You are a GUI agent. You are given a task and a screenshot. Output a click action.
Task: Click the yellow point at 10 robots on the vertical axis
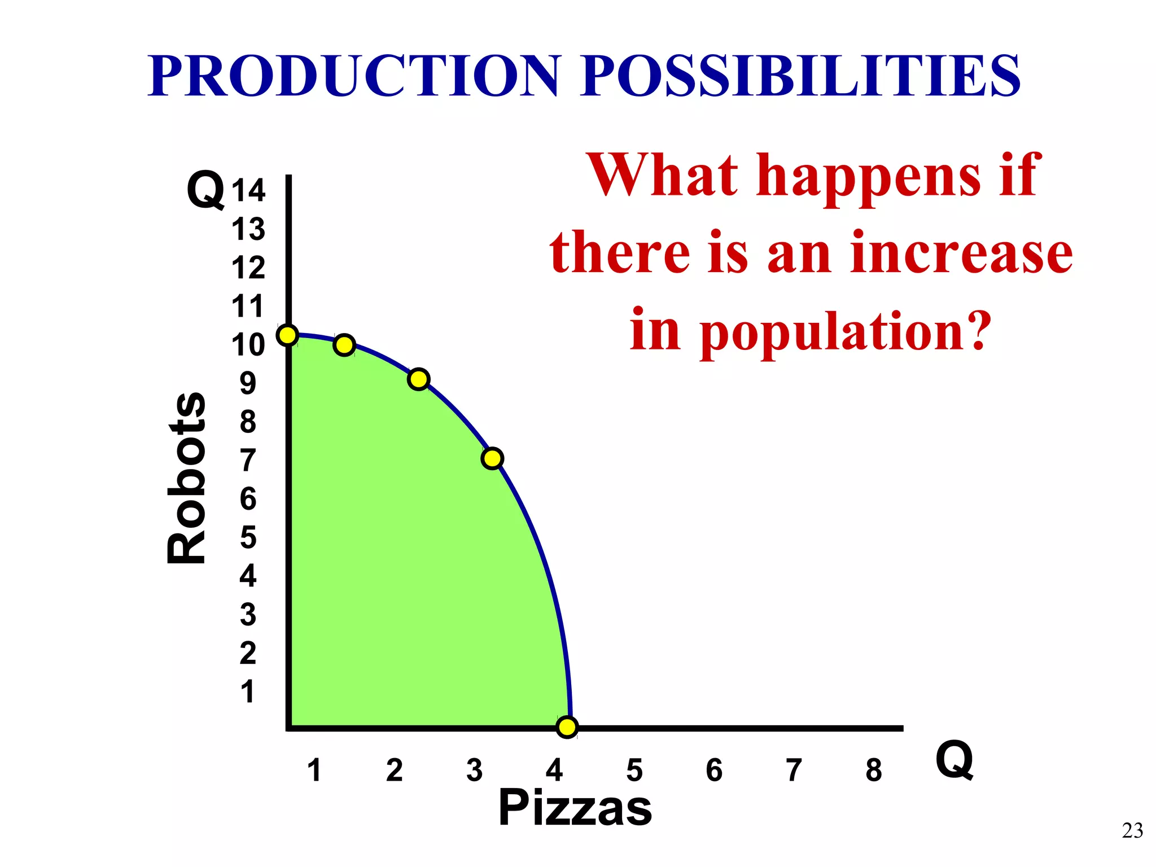tap(287, 335)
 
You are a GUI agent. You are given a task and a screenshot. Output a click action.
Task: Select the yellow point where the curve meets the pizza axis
tap(567, 727)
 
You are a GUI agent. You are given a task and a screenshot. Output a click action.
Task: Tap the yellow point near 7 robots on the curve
tap(492, 458)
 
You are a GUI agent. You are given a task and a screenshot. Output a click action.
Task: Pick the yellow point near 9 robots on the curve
tap(418, 379)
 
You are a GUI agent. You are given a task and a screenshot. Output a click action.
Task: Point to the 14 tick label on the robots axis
tap(248, 191)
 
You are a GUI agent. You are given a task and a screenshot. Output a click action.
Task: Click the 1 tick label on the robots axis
tap(247, 692)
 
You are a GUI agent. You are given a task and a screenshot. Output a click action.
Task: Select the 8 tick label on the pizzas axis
tap(874, 770)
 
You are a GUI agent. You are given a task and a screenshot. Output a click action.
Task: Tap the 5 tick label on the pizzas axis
tap(634, 770)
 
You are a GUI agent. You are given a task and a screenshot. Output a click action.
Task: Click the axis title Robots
tap(187, 478)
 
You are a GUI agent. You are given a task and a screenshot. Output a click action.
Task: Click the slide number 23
tap(1132, 831)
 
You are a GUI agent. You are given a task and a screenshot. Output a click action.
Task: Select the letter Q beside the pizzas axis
tap(954, 760)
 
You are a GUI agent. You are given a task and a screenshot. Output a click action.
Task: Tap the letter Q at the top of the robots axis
tap(205, 190)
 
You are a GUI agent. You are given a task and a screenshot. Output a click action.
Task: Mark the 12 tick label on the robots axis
tap(248, 268)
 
